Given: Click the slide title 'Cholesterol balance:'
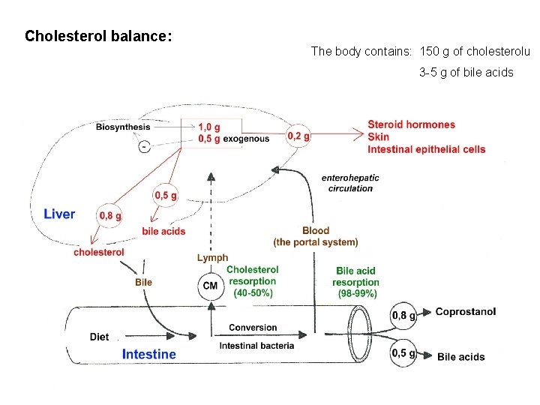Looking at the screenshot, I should [x=99, y=36].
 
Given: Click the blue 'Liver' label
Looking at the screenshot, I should [x=59, y=214].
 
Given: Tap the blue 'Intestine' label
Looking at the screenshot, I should [x=149, y=354].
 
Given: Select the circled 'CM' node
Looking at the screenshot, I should [x=210, y=286].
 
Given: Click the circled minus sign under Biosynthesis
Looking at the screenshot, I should [x=144, y=147].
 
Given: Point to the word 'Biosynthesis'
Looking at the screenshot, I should [x=122, y=127].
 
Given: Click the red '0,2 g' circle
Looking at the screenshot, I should [x=298, y=136].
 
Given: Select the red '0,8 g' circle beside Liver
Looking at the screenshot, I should [x=109, y=216].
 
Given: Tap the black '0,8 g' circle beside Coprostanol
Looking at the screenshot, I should [x=403, y=316].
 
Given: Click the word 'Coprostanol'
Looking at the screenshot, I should [x=465, y=312].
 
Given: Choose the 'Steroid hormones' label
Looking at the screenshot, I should [x=411, y=124].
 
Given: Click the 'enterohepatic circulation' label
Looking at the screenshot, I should [x=350, y=183].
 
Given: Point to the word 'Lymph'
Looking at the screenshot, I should [x=212, y=258].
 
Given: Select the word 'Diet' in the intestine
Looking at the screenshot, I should [x=99, y=337].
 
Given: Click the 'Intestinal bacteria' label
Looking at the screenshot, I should [x=256, y=346].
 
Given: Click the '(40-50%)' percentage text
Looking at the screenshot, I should [x=253, y=292].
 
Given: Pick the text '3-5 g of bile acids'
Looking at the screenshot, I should [x=466, y=73].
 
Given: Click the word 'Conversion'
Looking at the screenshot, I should [x=253, y=328].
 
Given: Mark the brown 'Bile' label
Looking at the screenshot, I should [x=143, y=282].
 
